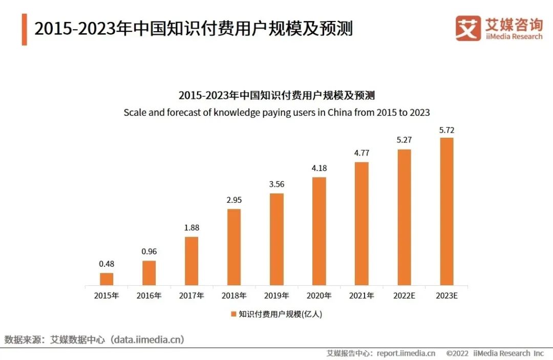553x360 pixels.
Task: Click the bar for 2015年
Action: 107,279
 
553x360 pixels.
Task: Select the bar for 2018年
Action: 234,247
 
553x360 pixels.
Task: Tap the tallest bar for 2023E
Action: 446,211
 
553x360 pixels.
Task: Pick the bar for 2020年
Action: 319,231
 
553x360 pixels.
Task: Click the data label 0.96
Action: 149,252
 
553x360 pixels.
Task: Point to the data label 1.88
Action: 192,228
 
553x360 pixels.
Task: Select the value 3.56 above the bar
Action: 276,185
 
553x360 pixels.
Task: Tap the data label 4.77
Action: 361,153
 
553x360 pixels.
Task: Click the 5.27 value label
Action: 404,140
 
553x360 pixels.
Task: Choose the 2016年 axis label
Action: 149,295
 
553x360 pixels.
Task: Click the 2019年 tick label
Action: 276,295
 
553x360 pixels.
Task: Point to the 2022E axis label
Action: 404,295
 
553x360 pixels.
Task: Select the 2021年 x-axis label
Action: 361,295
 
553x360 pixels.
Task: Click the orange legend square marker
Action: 233,314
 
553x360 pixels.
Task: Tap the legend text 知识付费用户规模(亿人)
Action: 280,314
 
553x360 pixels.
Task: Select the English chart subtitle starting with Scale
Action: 276,112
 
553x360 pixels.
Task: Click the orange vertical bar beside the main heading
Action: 24,30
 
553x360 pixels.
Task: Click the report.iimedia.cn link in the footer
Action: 406,353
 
